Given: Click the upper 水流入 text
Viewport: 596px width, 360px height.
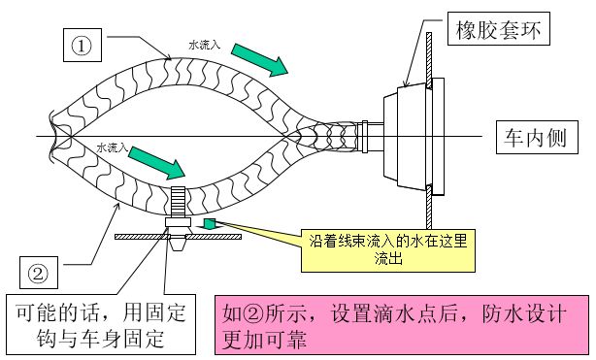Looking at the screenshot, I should point(206,44).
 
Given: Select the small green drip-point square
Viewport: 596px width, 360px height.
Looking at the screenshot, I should point(208,224).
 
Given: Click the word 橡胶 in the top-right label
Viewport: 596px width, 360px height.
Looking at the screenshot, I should point(478,31).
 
